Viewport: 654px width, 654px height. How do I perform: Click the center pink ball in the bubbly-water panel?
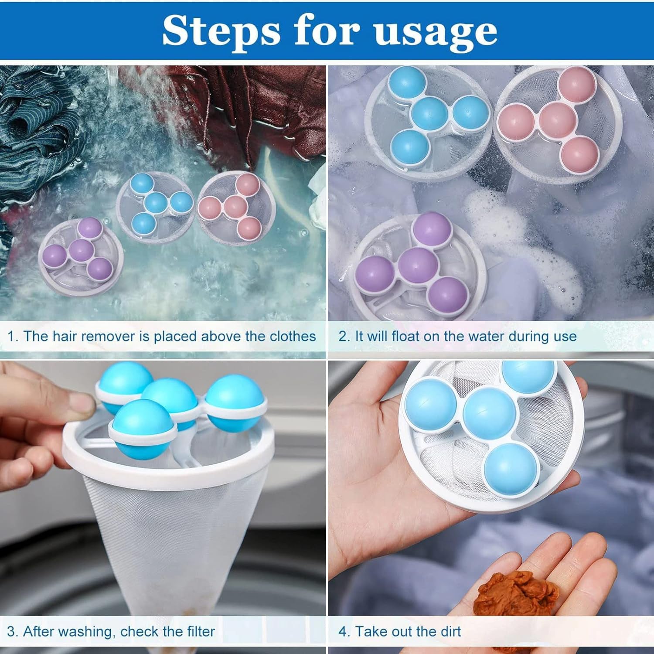[x=557, y=120]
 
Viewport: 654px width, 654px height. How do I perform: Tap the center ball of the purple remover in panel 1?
[x=81, y=250]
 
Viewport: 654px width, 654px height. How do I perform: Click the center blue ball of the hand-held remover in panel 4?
[x=489, y=412]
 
